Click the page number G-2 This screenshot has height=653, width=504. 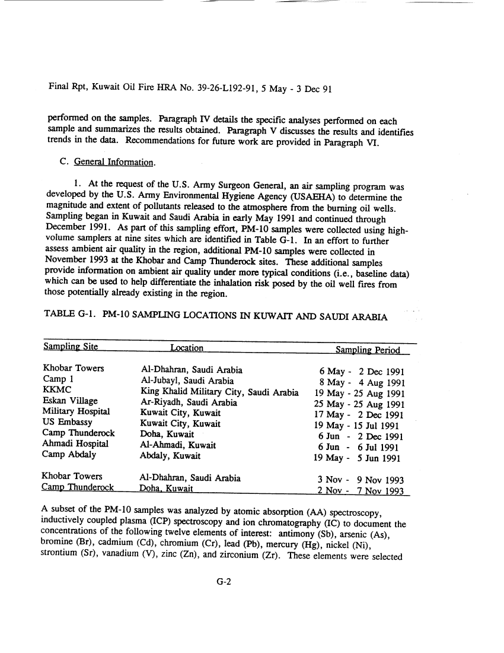coord(223,582)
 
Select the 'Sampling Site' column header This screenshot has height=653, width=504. coord(71,348)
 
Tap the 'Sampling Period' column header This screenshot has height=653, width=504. coord(368,350)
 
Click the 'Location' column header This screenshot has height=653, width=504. coord(186,348)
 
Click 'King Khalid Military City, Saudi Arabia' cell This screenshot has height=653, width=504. coord(219,391)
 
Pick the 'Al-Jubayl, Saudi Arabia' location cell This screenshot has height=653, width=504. coord(187,381)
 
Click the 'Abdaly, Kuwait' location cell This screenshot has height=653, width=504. coord(170,456)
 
